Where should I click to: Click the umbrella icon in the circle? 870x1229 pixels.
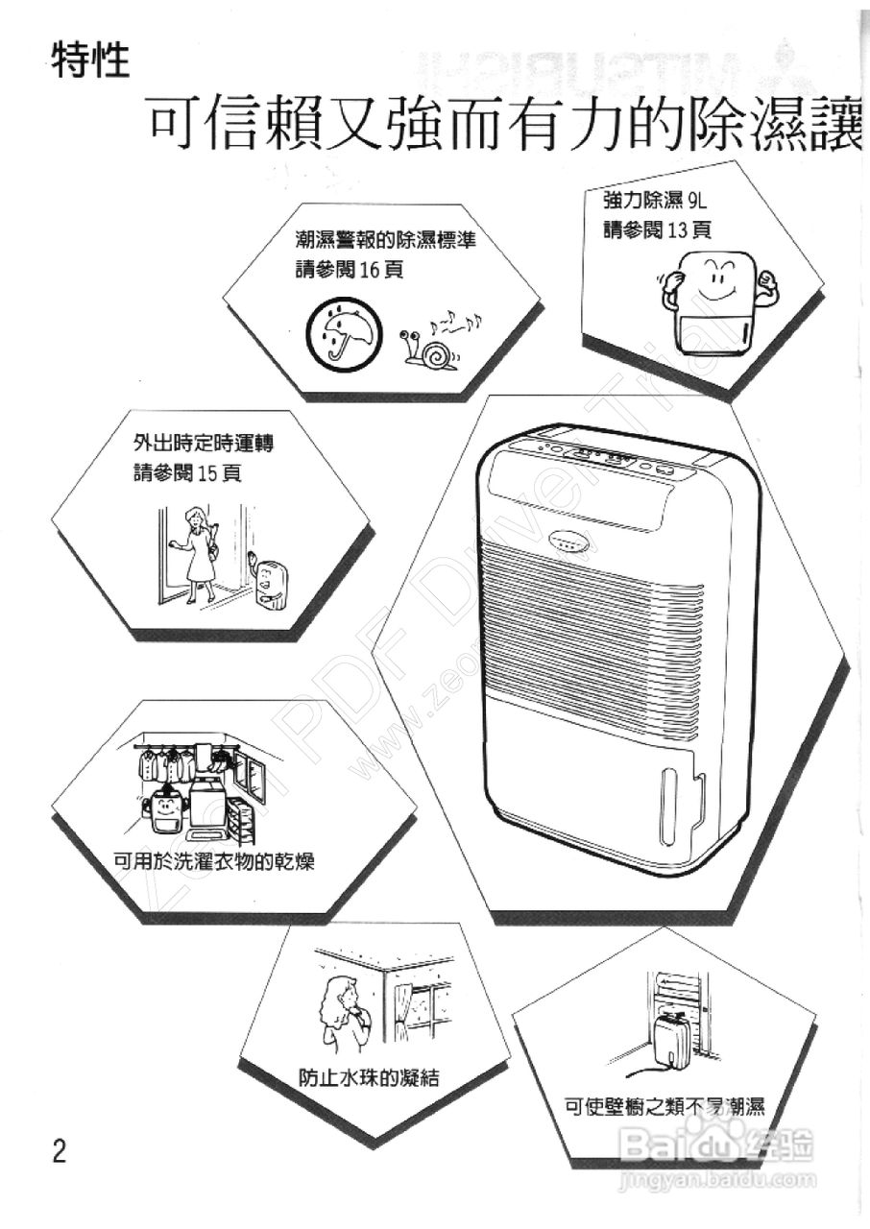click(338, 332)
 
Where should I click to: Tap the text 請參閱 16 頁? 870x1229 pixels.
click(349, 270)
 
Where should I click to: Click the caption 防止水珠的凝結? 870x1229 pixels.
click(368, 1076)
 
